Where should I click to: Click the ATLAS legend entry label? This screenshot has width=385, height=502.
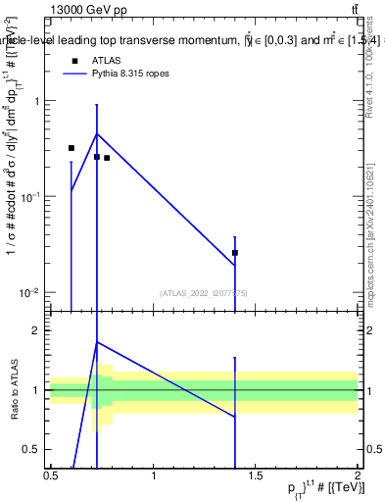(106, 60)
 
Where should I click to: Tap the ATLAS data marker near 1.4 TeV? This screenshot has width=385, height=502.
(235, 253)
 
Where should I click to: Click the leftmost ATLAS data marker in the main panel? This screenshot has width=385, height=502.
(72, 148)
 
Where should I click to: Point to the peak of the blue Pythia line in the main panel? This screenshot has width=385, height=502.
(96, 133)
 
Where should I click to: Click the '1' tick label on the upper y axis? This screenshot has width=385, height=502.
(36, 101)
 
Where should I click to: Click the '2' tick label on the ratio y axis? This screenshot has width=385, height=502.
(36, 331)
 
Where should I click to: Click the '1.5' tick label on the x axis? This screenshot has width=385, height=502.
(256, 476)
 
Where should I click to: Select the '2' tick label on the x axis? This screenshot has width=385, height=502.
(358, 476)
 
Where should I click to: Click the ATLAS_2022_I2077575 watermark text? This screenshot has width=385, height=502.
(204, 293)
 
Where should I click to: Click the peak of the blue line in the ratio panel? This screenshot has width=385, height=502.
(96, 342)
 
